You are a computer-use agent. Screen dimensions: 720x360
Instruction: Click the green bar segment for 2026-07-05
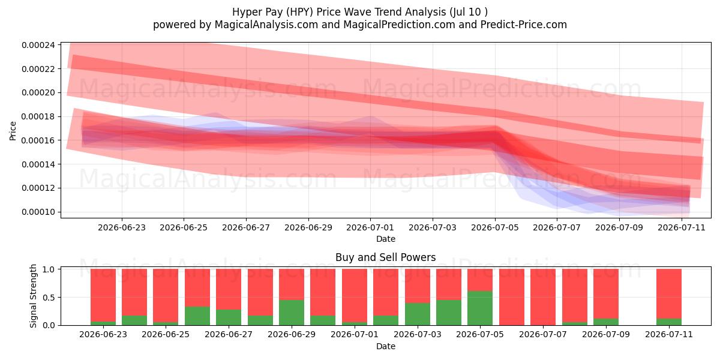[x=480, y=308]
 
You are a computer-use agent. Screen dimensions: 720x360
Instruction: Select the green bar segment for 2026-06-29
[x=292, y=313]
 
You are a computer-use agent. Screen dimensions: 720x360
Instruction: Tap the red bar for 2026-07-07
[x=543, y=297]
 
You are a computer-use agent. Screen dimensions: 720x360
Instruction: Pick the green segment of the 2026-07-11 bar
[x=669, y=322]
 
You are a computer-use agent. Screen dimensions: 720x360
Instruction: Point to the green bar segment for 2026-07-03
[x=418, y=314]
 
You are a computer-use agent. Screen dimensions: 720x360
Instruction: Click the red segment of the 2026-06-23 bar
[x=103, y=295]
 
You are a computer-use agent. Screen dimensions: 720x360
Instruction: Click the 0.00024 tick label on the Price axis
[x=38, y=45]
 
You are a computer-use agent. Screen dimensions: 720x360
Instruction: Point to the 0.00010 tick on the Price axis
[x=38, y=212]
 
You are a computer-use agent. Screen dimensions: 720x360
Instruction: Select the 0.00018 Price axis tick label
[x=38, y=116]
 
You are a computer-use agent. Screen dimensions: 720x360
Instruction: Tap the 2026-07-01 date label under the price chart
[x=370, y=227]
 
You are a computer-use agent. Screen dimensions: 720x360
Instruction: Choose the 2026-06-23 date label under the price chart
[x=121, y=227]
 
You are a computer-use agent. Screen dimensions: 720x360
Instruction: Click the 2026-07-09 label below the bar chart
[x=606, y=334]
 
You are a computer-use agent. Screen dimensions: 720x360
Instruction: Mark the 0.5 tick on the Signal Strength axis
[x=49, y=298]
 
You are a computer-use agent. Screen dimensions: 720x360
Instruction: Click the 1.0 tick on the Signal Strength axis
[x=49, y=269]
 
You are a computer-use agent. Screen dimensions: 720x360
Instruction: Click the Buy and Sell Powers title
[x=386, y=257]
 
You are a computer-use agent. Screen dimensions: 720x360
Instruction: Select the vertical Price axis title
[x=13, y=131]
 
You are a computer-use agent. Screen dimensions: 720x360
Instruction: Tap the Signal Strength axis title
[x=33, y=296]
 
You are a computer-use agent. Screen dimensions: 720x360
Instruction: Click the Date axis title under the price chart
[x=386, y=239]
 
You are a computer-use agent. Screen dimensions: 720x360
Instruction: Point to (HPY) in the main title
[x=297, y=12]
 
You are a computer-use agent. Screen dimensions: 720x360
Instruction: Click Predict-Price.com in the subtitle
[x=524, y=25]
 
